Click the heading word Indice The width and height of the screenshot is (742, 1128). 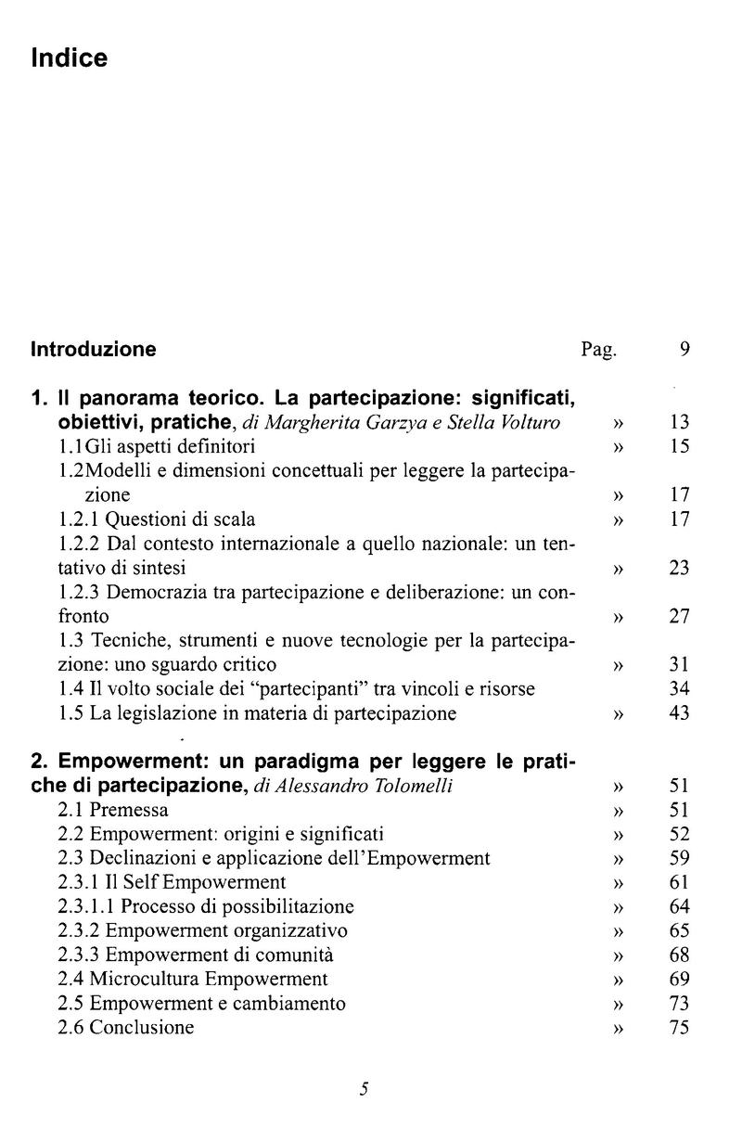(70, 58)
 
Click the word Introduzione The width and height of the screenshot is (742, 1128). (94, 350)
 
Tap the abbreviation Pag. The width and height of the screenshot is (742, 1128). (598, 351)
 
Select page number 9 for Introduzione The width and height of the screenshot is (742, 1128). (684, 350)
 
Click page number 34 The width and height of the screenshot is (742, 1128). (680, 688)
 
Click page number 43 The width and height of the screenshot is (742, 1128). (680, 712)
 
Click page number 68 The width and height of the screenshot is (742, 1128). (680, 955)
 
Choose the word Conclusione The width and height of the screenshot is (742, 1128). (142, 1027)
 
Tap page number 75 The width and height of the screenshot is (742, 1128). (680, 1027)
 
